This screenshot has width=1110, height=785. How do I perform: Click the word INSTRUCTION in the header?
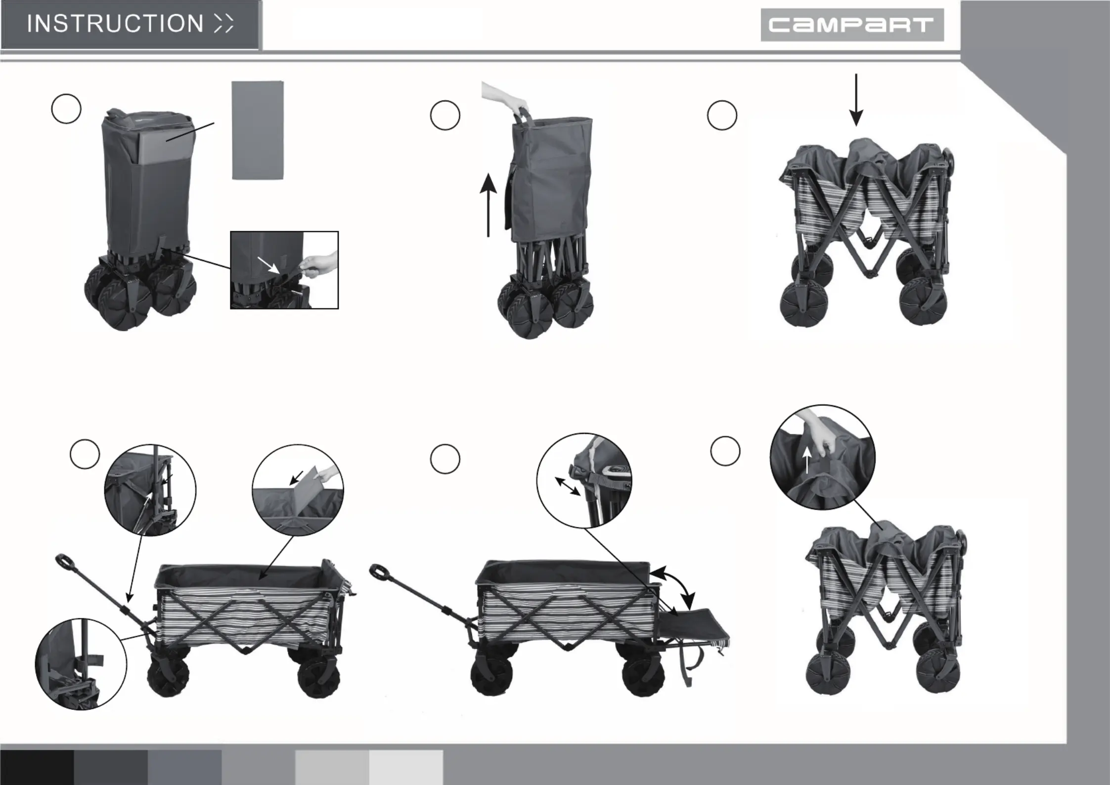pos(115,24)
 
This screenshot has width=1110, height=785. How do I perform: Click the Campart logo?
pos(852,25)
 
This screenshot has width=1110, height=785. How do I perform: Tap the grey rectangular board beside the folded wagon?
pos(258,131)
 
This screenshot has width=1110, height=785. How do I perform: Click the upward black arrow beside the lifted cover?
pos(488,205)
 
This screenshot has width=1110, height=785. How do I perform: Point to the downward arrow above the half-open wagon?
pos(856,100)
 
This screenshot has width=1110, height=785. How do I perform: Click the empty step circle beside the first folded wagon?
pos(66,109)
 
